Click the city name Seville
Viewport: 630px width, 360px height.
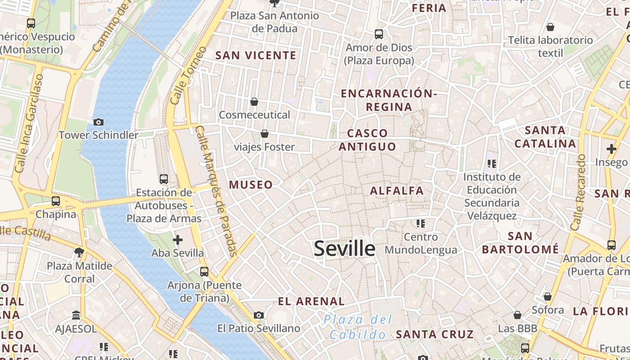point(344,248)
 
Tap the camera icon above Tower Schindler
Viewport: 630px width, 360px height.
point(99,122)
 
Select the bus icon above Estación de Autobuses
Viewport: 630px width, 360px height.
point(164,179)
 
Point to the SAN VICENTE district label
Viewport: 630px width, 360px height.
point(256,55)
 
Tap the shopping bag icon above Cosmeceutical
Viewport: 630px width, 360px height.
point(254,102)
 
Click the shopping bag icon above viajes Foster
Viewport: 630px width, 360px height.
point(265,134)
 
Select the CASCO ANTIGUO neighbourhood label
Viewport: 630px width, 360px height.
point(367,139)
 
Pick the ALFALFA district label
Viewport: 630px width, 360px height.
point(397,191)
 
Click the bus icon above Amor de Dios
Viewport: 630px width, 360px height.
point(379,34)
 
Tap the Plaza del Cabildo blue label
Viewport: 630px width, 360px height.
point(358,327)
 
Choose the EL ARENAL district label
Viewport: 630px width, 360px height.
point(311,301)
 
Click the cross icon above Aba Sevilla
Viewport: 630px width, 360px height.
point(178,239)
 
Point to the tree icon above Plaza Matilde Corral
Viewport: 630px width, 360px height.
point(80,252)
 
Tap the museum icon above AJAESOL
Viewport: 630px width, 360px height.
point(76,315)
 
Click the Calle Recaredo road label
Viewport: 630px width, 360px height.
point(577,193)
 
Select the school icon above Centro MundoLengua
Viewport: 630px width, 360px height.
point(421,223)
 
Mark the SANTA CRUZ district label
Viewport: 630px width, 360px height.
point(435,334)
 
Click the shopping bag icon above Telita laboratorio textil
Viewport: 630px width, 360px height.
point(550,27)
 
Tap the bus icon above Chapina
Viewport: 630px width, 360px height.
point(56,201)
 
